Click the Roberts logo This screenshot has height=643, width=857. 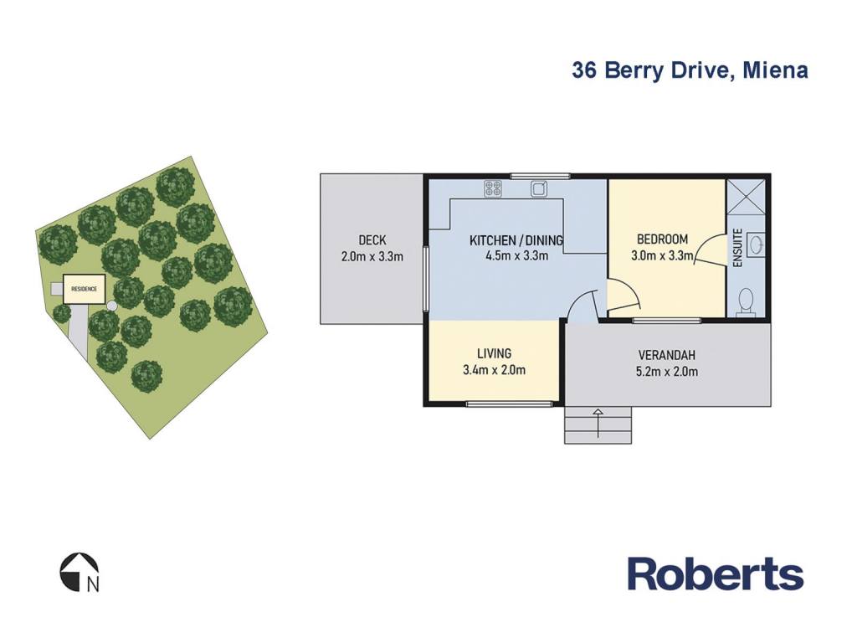coord(716,574)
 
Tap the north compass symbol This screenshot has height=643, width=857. coord(80,572)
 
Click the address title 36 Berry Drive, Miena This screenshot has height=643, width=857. coord(690,71)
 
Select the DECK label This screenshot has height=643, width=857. coord(372,239)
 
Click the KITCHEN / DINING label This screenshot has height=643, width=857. coord(516,240)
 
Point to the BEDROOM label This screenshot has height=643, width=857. coord(663,239)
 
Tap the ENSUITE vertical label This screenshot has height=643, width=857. coord(737,248)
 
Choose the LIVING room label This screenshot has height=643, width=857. coord(494,353)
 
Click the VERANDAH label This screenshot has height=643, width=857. coord(667,355)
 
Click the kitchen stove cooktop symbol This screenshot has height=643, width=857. coord(493,188)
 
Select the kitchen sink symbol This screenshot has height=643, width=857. coord(539,188)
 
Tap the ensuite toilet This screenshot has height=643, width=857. coord(745,303)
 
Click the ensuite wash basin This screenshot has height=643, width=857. coord(756,244)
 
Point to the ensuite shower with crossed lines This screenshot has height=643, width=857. coord(746,196)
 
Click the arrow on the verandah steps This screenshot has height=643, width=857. coord(598,423)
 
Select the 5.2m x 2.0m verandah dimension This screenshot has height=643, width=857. coord(667,372)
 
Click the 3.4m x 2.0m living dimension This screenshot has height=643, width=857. coord(494,370)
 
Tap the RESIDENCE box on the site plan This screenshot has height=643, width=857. coord(85,289)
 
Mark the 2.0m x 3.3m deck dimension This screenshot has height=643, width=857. coord(372,256)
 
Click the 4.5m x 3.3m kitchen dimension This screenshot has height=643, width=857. coord(517,255)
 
